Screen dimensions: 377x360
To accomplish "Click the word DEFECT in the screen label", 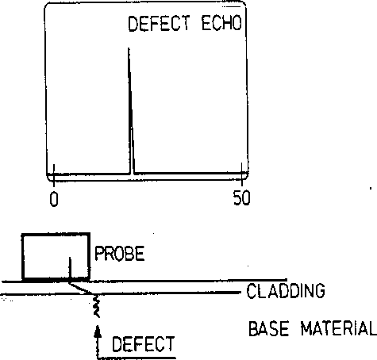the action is point(159,23).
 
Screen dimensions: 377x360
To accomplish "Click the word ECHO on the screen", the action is point(222,23).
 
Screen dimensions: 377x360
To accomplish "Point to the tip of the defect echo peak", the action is point(129,48).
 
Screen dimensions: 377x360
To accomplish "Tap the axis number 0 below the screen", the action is point(54,199).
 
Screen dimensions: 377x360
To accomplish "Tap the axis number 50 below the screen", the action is point(241,198).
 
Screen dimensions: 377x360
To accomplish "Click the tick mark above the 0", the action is point(54,175).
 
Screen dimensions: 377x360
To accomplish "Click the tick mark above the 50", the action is point(242,174).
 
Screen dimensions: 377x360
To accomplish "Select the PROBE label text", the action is point(120,254).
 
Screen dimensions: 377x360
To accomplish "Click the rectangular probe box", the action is point(23,256).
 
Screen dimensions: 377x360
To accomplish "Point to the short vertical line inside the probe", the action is point(70,268).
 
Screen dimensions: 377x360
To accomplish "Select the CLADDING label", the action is point(286,291).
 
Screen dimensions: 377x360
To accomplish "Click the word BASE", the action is point(269,328).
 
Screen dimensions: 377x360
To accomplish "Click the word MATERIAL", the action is point(339,328).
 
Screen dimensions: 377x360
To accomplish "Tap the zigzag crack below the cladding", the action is point(96,305).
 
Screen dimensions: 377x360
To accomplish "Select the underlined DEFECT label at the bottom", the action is point(144,344).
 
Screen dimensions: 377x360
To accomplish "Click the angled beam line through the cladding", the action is point(80,288).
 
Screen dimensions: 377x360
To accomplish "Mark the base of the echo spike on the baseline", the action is point(132,174).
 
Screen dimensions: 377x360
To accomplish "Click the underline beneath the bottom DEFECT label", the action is point(137,358).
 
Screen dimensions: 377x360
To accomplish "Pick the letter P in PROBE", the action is point(99,254).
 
